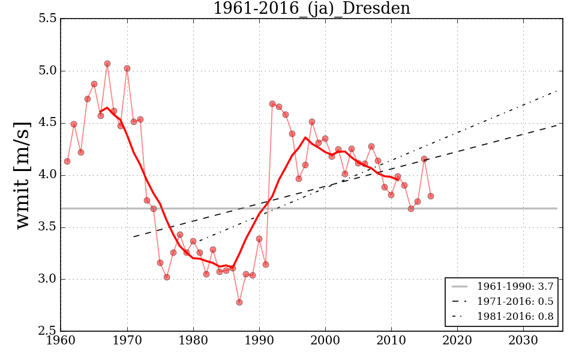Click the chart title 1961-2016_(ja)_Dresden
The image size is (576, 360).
point(311,8)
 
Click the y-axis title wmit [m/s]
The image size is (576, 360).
point(22,175)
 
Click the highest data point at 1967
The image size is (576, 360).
point(107,64)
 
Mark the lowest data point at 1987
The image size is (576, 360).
point(239,302)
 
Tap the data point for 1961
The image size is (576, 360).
point(67,161)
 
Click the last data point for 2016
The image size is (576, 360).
point(431,196)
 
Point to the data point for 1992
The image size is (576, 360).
point(272,104)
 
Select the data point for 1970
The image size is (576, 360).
point(127,68)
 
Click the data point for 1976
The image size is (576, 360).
point(167,277)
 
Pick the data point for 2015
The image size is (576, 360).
point(424,159)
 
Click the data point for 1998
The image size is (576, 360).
point(312,122)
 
